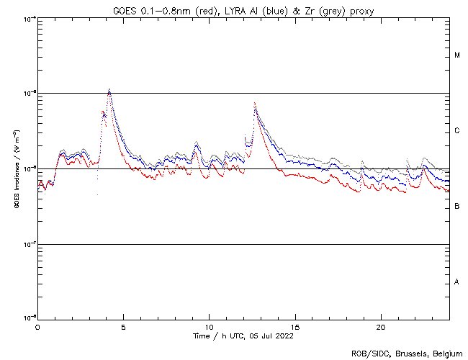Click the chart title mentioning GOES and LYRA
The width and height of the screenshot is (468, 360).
[x=243, y=9]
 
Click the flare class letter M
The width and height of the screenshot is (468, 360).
[x=457, y=55]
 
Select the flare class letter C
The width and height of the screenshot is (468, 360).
[x=457, y=131]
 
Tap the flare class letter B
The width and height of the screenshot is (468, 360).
[x=457, y=207]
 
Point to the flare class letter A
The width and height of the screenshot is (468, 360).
[x=457, y=282]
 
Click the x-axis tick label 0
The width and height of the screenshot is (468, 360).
[x=37, y=327]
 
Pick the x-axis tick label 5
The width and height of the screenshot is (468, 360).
[x=123, y=327]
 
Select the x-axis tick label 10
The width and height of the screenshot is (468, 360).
[x=209, y=327]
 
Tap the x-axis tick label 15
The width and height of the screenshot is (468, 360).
[x=294, y=327]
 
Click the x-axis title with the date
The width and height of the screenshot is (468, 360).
[x=243, y=336]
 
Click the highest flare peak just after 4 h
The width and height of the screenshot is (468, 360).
[x=109, y=90]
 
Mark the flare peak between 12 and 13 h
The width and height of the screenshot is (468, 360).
[x=255, y=103]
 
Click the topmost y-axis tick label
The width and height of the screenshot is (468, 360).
[x=29, y=18]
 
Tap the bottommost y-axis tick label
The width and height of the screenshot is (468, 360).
[x=29, y=317]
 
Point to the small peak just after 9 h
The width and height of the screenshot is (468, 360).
[x=195, y=143]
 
